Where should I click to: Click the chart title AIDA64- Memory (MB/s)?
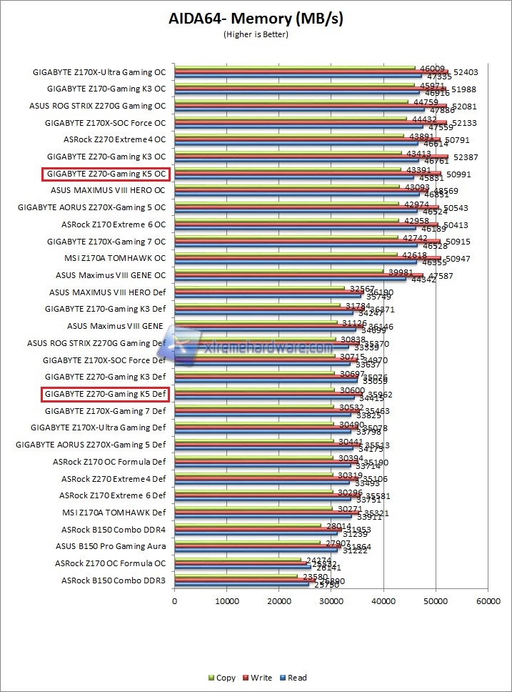[x=256, y=19]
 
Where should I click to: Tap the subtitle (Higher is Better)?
[x=256, y=34]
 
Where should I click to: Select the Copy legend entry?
[x=221, y=678]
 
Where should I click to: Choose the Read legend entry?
[x=293, y=678]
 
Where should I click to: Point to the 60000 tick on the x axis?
[x=488, y=602]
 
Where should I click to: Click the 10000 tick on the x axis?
[x=227, y=602]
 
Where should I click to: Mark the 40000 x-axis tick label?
[x=383, y=602]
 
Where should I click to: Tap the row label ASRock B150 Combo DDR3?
[x=113, y=580]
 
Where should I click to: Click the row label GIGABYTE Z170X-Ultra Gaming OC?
[x=99, y=71]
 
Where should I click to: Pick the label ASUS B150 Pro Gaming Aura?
[x=111, y=546]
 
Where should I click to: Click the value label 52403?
[x=466, y=71]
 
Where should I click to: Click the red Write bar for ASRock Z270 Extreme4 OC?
[x=307, y=139]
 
